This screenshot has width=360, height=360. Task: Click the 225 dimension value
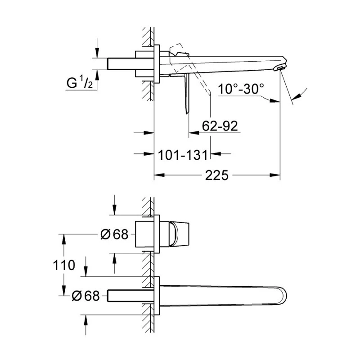pos(217,175)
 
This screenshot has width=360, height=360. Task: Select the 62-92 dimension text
pos(220,127)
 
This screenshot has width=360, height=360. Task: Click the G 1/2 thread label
pos(80,83)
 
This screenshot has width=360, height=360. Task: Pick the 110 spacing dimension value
pos(63,265)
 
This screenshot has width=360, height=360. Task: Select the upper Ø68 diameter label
pos(114,234)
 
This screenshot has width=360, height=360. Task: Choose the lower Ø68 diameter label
pos(86,296)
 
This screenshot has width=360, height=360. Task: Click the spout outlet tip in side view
pos(280,67)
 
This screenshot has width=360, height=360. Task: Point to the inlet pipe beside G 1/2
pos(121,64)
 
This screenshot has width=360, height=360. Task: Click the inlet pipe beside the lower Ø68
pos(128,296)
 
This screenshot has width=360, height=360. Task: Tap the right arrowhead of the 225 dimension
pos(276,175)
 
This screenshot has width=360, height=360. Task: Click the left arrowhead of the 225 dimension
pos(158,175)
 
